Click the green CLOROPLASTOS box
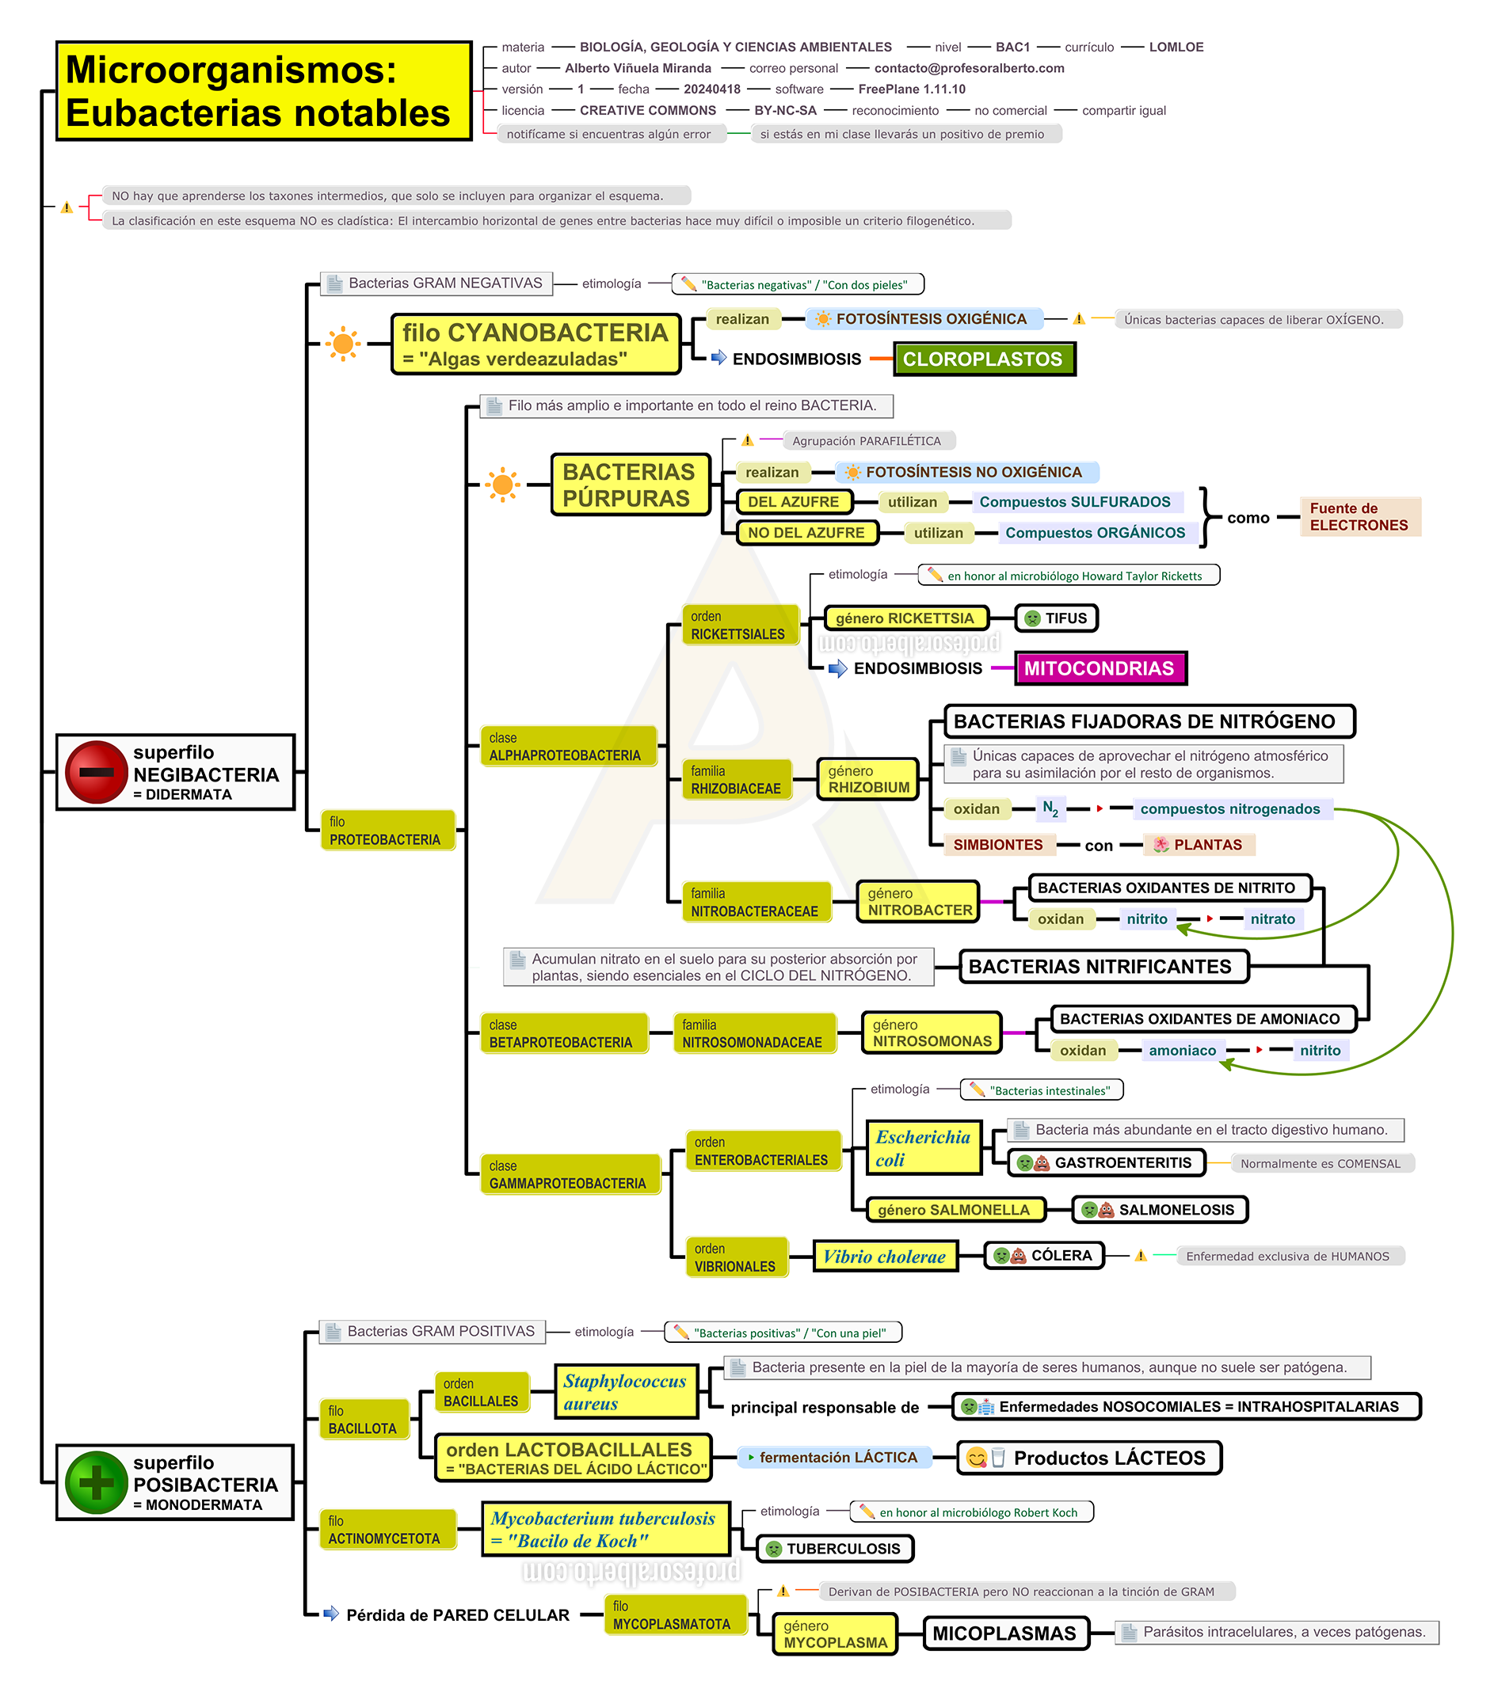pyautogui.click(x=984, y=359)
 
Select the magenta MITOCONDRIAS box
pyautogui.click(x=1100, y=668)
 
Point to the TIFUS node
pyautogui.click(x=1056, y=618)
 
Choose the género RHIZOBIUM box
pyautogui.click(x=868, y=779)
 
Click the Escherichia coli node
pyautogui.click(x=924, y=1148)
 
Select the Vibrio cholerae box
pyautogui.click(x=885, y=1257)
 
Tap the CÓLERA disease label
pyautogui.click(x=1044, y=1256)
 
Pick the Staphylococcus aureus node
pyautogui.click(x=626, y=1392)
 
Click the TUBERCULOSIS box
pyautogui.click(x=835, y=1548)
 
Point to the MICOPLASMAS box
pyautogui.click(x=1005, y=1633)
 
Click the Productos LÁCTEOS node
pyautogui.click(x=1090, y=1458)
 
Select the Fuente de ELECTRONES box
pyautogui.click(x=1360, y=516)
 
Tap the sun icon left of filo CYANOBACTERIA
pyautogui.click(x=343, y=343)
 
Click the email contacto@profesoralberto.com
pyautogui.click(x=970, y=68)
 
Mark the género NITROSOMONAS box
pyautogui.click(x=932, y=1033)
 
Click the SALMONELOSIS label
pyautogui.click(x=1161, y=1210)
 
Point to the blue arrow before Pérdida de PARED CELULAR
pyautogui.click(x=331, y=1614)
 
